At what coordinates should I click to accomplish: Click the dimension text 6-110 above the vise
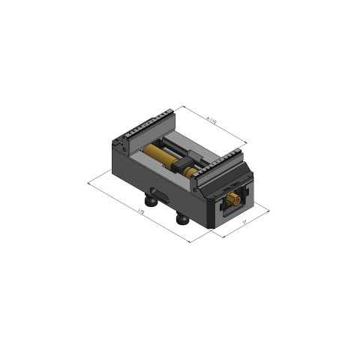tap(211, 120)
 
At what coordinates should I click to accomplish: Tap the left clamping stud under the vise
tap(152, 200)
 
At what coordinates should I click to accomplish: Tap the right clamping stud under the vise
tap(182, 218)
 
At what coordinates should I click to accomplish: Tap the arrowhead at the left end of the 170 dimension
tap(90, 180)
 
